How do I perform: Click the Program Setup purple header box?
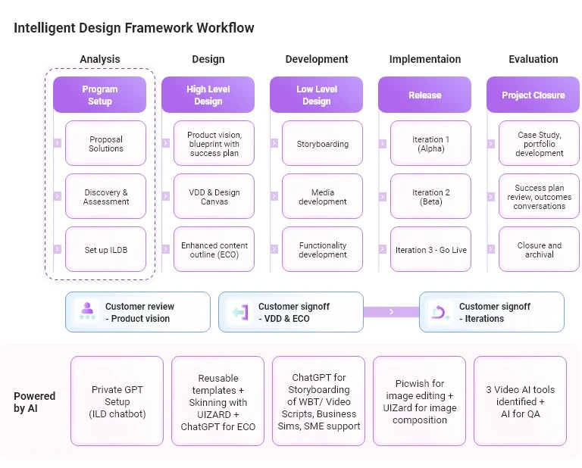coord(99,95)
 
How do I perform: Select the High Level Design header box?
coord(208,95)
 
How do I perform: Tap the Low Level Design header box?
coord(316,95)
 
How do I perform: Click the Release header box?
coord(424,95)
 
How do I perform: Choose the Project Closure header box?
coord(533,95)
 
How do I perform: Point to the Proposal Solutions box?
coord(105,143)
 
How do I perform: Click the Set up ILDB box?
coord(105,249)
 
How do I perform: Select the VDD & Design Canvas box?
coord(214,196)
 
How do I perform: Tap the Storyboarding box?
coord(322,143)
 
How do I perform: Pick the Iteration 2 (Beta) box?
coord(430,196)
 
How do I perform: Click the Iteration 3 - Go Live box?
coord(430,249)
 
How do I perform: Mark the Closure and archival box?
coord(539,249)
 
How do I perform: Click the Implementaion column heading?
coord(424,59)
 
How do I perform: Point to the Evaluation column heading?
coord(533,59)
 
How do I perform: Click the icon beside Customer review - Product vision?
coord(86,312)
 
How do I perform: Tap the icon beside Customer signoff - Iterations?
coord(440,312)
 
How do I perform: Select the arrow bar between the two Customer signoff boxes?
coord(391,312)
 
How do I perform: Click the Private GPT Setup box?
coord(117,401)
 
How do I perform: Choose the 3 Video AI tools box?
coord(520,401)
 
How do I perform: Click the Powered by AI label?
coord(34,401)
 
